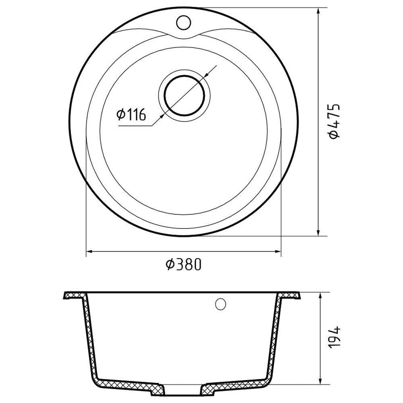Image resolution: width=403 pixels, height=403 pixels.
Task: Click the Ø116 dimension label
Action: point(131,114)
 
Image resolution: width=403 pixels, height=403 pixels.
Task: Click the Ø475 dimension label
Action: point(334,121)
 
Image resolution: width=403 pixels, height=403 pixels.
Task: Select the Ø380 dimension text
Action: point(183,264)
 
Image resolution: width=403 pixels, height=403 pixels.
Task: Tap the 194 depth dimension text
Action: point(334,337)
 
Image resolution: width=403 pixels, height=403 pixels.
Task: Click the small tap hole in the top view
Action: point(183,22)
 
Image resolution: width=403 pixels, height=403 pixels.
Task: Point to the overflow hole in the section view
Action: point(220,304)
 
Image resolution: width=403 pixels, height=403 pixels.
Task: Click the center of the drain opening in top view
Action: point(185,96)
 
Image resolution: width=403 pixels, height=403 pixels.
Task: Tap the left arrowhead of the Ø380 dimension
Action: point(89,251)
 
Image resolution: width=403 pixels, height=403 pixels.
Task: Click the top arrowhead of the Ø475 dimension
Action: point(319,11)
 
